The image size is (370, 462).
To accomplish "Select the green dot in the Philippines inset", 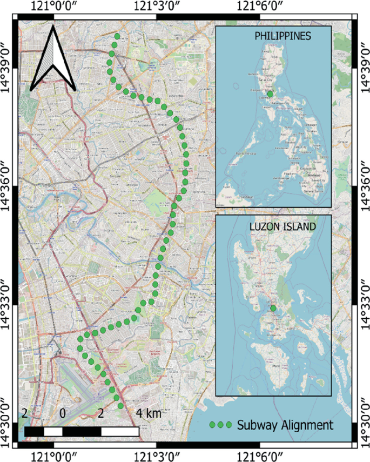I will pos(270,94).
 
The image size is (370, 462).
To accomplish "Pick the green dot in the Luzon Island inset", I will pos(273,308).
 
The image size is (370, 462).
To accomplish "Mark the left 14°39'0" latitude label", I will pos(8,61).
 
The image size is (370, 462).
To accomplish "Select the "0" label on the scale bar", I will pos(63,414).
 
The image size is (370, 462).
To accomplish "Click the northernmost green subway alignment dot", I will pos(117,36).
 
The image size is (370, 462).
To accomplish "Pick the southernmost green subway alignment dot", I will pos(120,405).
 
